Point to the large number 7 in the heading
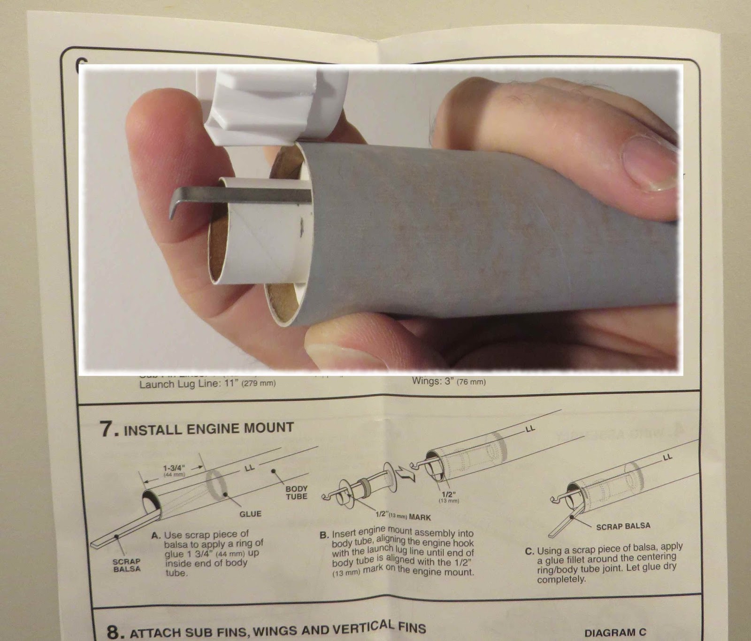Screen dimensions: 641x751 pyautogui.click(x=106, y=430)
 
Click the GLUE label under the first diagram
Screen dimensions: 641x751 pyautogui.click(x=250, y=514)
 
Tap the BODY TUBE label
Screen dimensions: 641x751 pyautogui.click(x=297, y=492)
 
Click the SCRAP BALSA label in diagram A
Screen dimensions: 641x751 pyautogui.click(x=127, y=565)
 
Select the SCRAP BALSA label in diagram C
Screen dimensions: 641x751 pyautogui.click(x=623, y=526)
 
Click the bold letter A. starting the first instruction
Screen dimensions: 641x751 pyautogui.click(x=156, y=535)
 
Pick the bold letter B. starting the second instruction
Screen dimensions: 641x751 pyautogui.click(x=324, y=535)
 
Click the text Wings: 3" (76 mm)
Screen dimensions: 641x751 pyautogui.click(x=448, y=382)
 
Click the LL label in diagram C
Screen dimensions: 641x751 pyautogui.click(x=667, y=456)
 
